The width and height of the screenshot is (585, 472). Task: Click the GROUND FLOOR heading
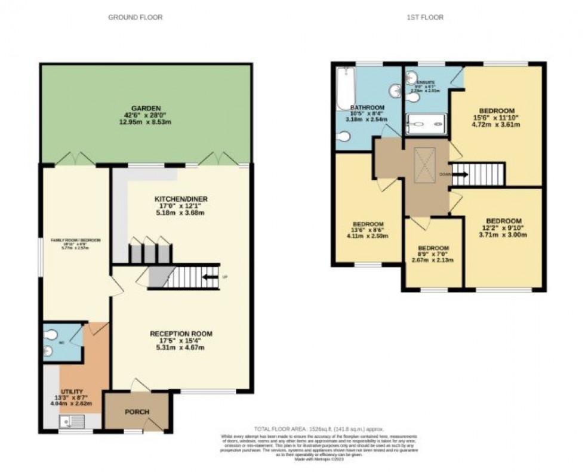click(135, 17)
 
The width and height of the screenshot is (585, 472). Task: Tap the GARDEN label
click(147, 109)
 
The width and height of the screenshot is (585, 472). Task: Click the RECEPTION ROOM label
click(181, 334)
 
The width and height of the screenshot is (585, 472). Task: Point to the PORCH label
click(137, 412)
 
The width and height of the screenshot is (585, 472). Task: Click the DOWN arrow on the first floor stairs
click(460, 175)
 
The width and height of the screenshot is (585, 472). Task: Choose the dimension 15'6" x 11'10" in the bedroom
click(497, 118)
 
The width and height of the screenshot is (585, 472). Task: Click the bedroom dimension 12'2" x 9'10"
click(503, 228)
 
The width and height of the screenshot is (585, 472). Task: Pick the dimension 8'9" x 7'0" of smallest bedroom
click(434, 254)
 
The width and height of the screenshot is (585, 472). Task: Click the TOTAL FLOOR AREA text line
click(319, 429)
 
